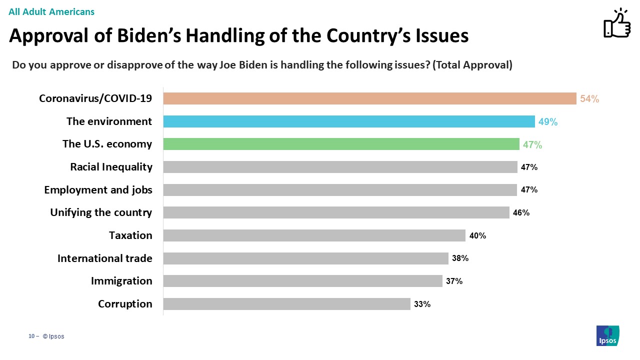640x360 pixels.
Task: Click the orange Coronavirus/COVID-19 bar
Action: click(x=369, y=98)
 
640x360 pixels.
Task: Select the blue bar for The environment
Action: click(x=349, y=121)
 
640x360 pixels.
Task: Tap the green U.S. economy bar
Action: click(x=341, y=144)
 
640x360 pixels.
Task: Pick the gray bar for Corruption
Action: click(x=286, y=304)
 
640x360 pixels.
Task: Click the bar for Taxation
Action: click(x=314, y=235)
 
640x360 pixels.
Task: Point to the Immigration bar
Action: click(x=302, y=281)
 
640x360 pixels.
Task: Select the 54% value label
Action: click(x=589, y=99)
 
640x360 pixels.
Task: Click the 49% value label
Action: click(x=548, y=122)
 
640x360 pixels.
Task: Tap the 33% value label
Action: click(x=422, y=304)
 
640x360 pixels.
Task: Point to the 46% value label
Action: click(x=521, y=213)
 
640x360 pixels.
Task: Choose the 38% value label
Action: click(x=460, y=258)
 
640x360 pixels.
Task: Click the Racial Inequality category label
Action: click(x=111, y=167)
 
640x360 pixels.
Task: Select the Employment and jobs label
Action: click(x=98, y=190)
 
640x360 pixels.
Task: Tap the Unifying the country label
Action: click(x=101, y=212)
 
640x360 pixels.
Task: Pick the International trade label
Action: click(x=104, y=258)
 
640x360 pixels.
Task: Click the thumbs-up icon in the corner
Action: click(x=617, y=23)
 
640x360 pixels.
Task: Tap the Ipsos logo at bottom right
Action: click(x=608, y=335)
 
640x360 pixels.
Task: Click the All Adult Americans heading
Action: click(x=51, y=11)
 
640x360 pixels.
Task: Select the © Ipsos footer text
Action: click(x=53, y=336)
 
